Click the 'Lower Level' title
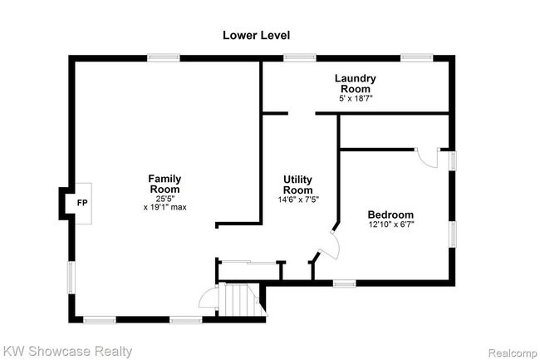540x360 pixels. [x=256, y=35]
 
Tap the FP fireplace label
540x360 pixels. [x=82, y=203]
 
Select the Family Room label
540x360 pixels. [x=164, y=184]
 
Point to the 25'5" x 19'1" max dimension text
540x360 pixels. [x=165, y=203]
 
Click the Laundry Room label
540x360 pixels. [x=356, y=83]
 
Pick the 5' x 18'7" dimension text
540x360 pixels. [x=356, y=99]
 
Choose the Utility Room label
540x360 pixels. [x=298, y=185]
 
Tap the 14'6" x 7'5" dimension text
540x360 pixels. [x=298, y=200]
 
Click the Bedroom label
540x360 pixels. [x=390, y=215]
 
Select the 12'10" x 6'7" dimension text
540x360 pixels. [x=391, y=224]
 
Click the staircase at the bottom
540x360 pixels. [x=240, y=299]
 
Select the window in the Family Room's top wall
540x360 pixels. [x=164, y=57]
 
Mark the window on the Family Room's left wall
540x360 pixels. [x=71, y=278]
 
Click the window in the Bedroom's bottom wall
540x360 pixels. [x=345, y=284]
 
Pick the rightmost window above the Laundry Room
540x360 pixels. [x=417, y=57]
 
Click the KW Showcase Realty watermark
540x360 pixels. [x=66, y=352]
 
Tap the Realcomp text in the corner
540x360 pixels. [x=513, y=353]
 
